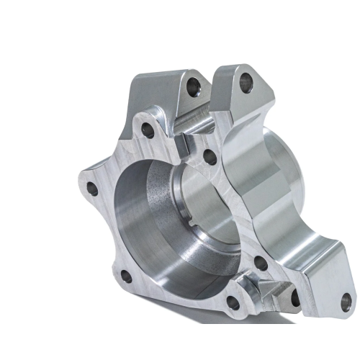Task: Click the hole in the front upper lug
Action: (x=192, y=87)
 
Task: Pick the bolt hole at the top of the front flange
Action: (x=148, y=131)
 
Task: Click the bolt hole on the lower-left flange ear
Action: (x=126, y=276)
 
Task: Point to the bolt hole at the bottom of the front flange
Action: (x=233, y=303)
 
